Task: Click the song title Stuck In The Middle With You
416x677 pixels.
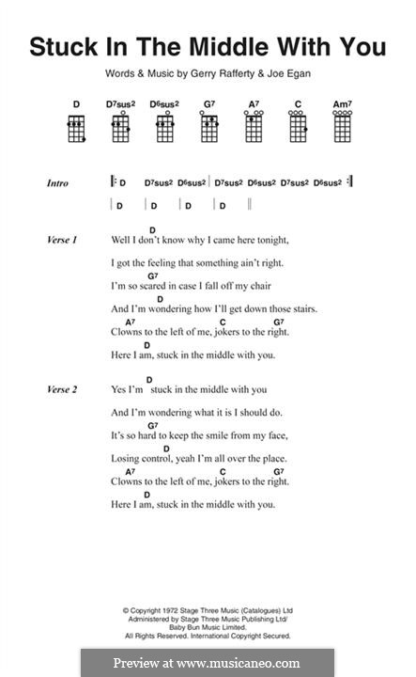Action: pyautogui.click(x=208, y=47)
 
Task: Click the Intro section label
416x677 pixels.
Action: pyautogui.click(x=57, y=183)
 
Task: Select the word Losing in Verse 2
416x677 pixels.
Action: pyautogui.click(x=128, y=458)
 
